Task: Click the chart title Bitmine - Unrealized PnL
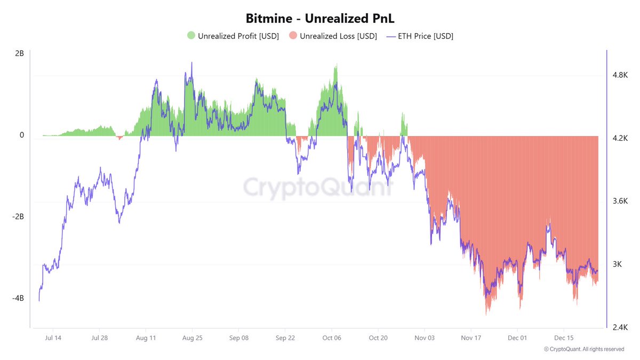(319, 18)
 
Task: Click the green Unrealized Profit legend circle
(191, 36)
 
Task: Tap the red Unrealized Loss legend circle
(293, 36)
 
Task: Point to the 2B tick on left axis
(19, 54)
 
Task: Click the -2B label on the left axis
(18, 217)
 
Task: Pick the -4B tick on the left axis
(18, 298)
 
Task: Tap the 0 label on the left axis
(22, 135)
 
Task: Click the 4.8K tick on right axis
(620, 76)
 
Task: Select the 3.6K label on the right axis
(620, 201)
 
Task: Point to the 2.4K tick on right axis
(620, 327)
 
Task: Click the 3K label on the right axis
(617, 264)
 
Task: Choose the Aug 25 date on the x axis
(191, 338)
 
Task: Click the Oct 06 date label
(332, 338)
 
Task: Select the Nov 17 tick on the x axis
(471, 338)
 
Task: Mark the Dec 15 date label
(564, 338)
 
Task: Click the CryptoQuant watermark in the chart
(318, 187)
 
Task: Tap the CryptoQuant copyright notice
(584, 349)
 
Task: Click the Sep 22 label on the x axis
(285, 338)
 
